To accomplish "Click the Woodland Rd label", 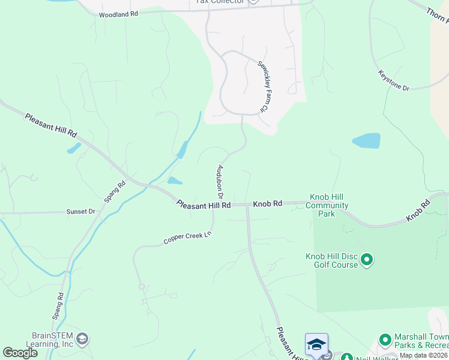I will click(x=118, y=14).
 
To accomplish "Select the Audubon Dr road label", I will click(x=220, y=182).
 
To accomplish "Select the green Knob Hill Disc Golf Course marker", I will click(x=367, y=260).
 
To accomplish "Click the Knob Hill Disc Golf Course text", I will click(x=331, y=260).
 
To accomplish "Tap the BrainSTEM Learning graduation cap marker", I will click(x=83, y=340).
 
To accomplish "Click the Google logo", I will click(x=20, y=353).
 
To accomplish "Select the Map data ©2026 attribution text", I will click(x=423, y=355).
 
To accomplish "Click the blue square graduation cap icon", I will click(x=316, y=344).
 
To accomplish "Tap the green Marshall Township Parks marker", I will click(x=385, y=341).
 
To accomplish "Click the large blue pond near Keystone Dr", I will click(x=366, y=141).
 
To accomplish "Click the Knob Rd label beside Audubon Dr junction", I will click(x=267, y=204).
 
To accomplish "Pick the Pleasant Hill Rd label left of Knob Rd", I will click(x=203, y=205).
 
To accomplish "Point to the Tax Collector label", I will click(x=220, y=2).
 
